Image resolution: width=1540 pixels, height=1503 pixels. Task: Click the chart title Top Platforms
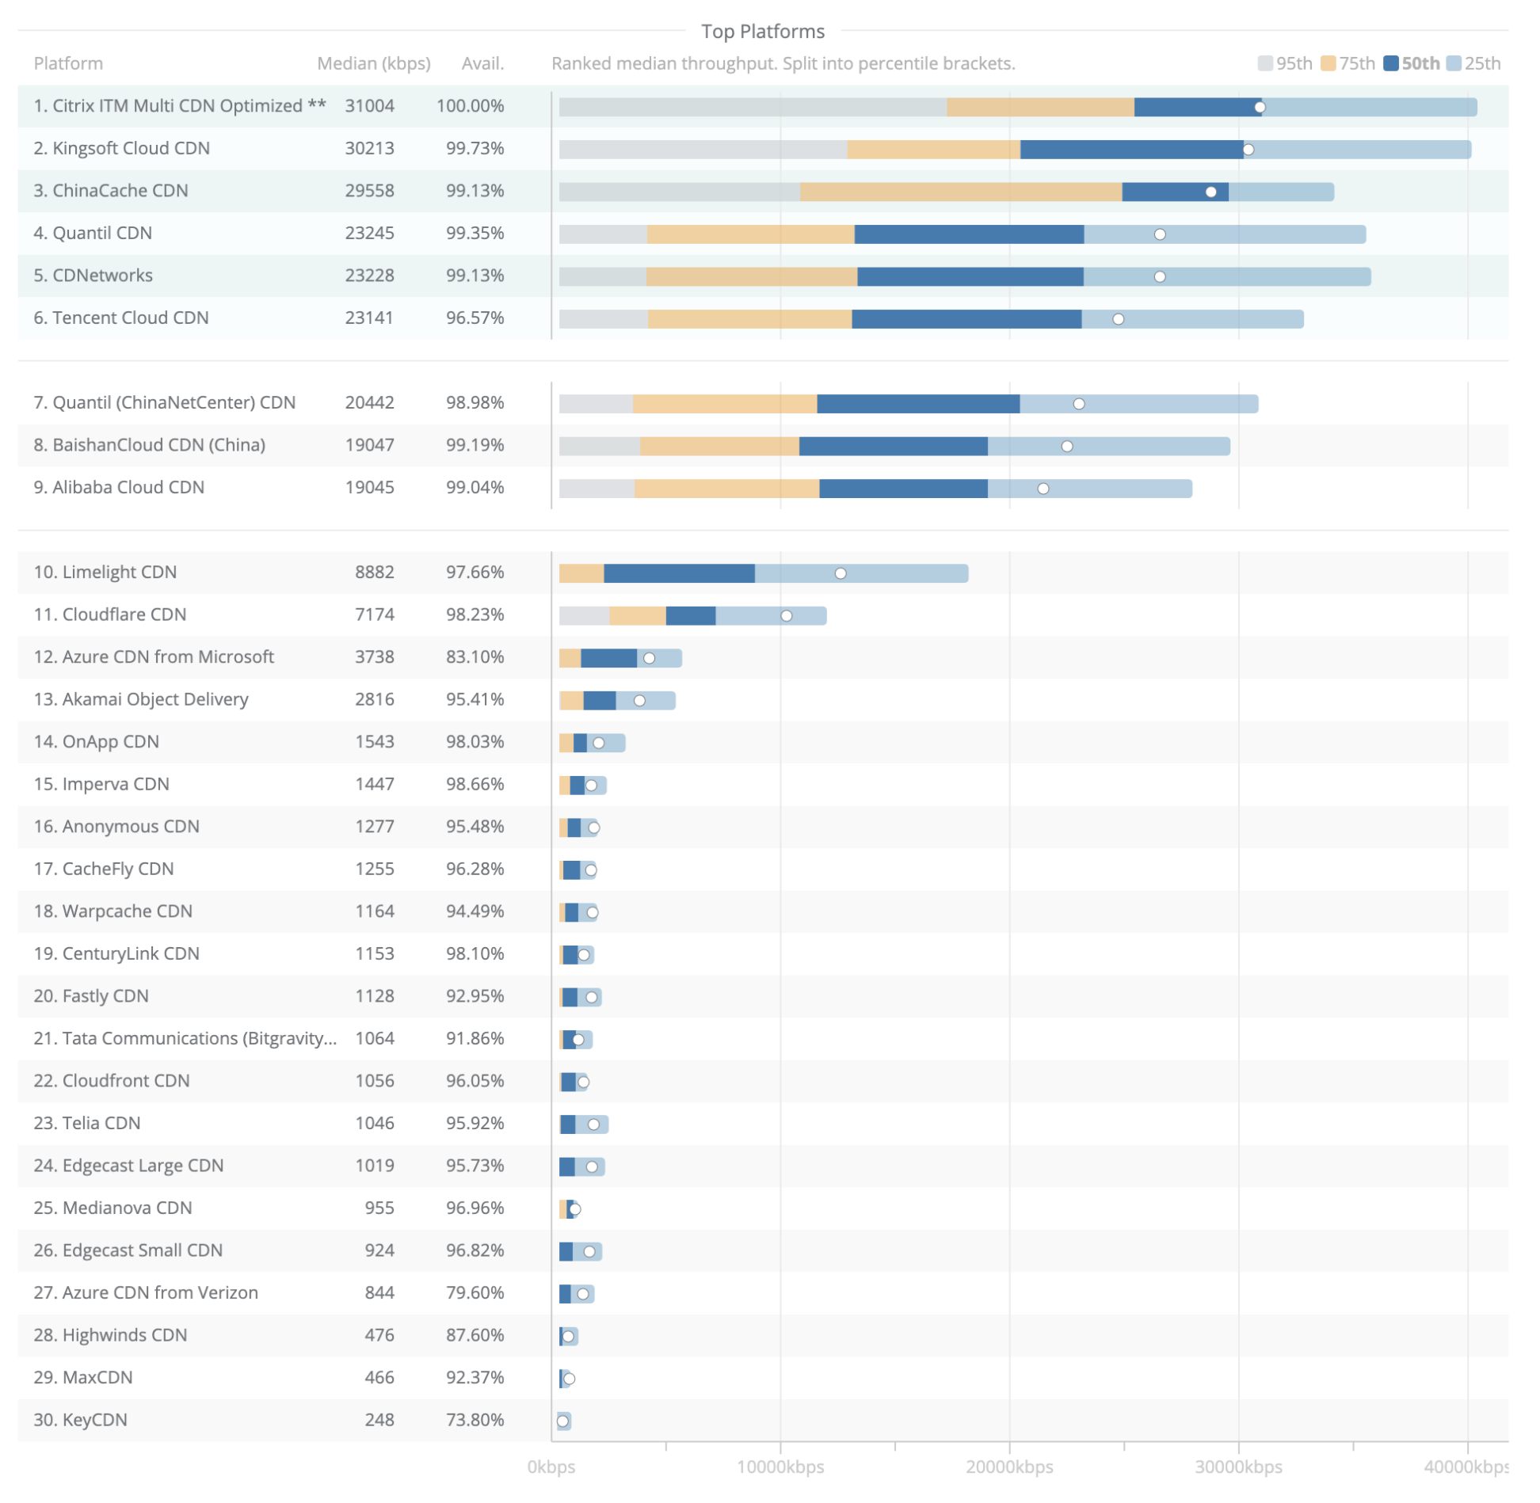tap(762, 32)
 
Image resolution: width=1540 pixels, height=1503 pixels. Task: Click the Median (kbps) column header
tap(373, 64)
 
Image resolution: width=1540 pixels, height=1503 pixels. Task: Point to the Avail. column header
tap(482, 64)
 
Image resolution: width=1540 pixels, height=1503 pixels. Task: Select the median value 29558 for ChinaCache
tap(369, 191)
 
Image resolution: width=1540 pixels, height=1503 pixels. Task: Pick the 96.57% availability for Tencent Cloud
tap(475, 318)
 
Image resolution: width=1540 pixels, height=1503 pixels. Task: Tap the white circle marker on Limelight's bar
tap(841, 574)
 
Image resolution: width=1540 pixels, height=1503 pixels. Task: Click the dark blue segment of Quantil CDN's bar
tap(968, 234)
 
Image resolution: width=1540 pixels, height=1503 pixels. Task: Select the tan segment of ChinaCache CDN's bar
tap(960, 192)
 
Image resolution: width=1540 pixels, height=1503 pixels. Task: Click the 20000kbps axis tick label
tap(1009, 1467)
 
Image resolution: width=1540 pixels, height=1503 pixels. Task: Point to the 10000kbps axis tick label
tap(780, 1467)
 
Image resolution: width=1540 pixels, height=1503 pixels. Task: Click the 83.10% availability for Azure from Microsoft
tap(475, 657)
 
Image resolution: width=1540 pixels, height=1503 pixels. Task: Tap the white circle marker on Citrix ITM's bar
tap(1260, 108)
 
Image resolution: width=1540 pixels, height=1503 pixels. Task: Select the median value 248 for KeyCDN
tap(379, 1421)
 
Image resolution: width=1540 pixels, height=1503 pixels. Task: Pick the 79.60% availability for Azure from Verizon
tap(475, 1293)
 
